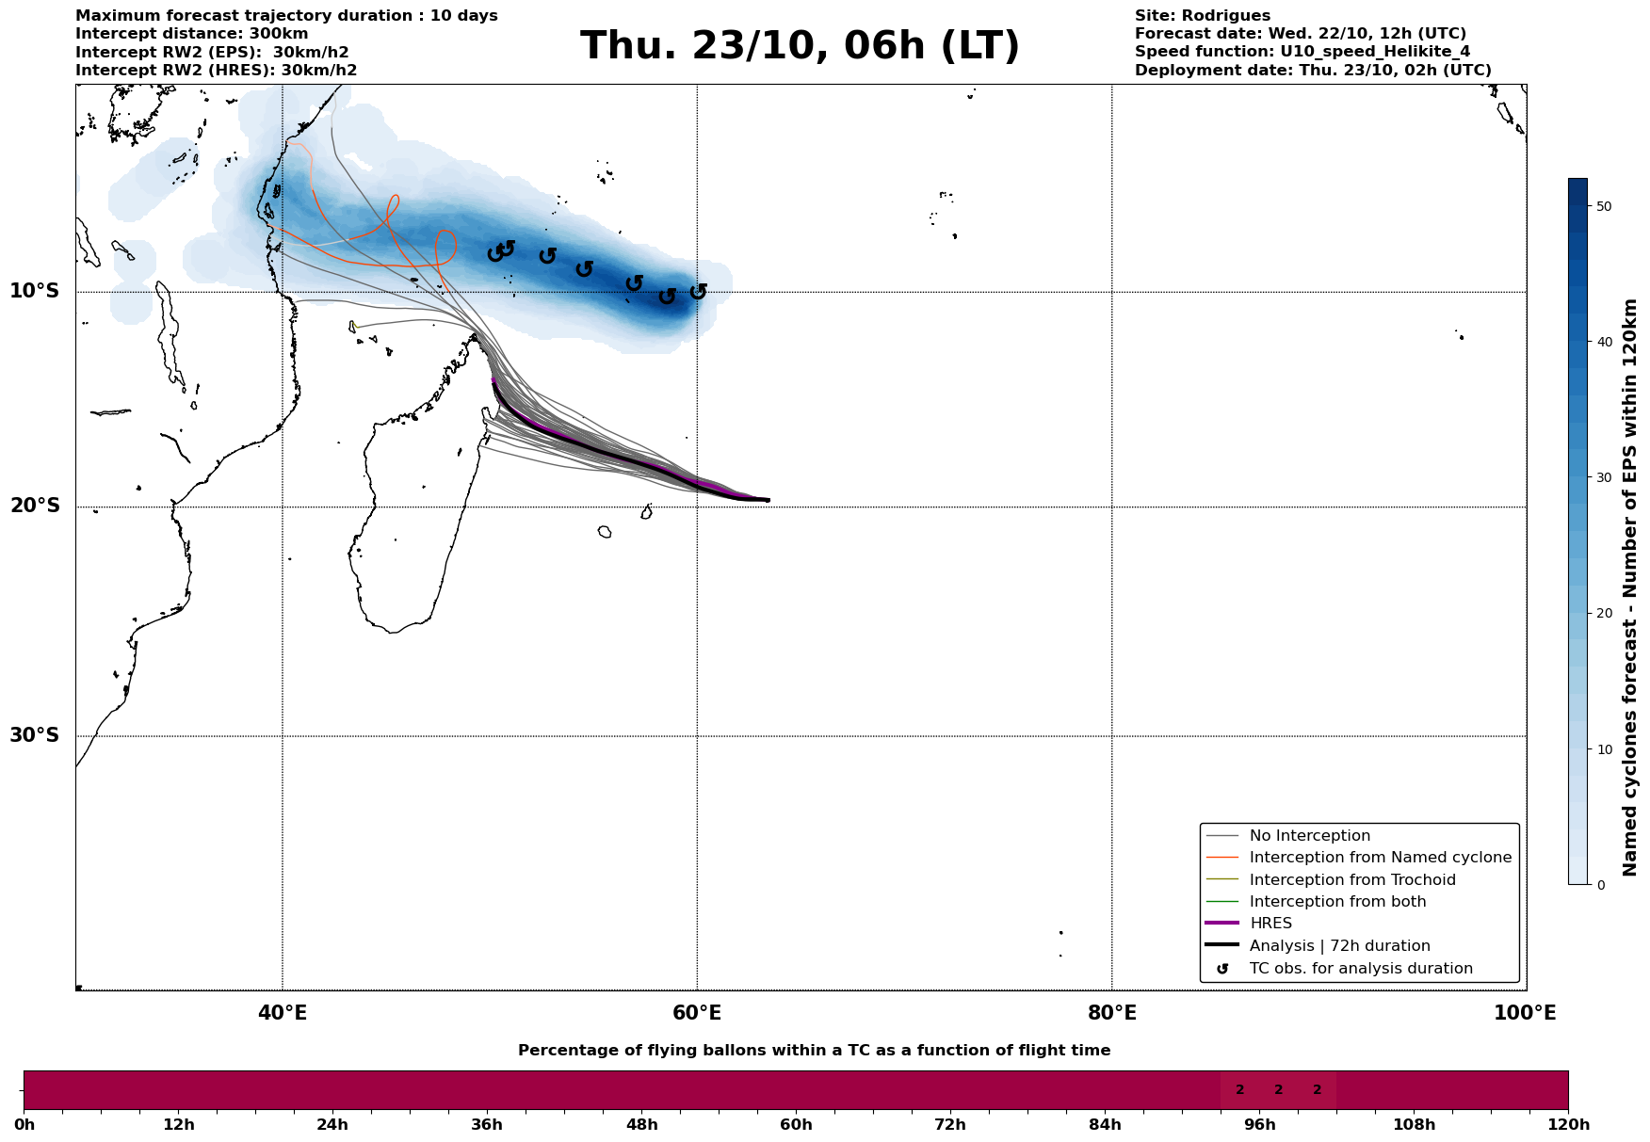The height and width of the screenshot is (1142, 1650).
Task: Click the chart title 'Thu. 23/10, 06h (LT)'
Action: [x=800, y=46]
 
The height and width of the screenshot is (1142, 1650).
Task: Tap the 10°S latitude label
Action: [x=35, y=291]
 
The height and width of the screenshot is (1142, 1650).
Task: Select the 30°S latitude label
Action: [x=35, y=735]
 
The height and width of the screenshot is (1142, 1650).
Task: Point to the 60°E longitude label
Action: [x=697, y=1013]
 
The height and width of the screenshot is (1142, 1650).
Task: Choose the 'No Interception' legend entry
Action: [x=1309, y=836]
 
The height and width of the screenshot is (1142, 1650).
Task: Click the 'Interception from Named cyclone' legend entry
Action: [x=1380, y=858]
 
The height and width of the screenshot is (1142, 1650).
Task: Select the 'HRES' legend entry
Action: [x=1270, y=924]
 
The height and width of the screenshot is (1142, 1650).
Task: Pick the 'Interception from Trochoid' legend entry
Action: [x=1351, y=880]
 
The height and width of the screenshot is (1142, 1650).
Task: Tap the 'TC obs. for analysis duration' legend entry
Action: [x=1360, y=969]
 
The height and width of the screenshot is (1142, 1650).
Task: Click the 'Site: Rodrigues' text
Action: [x=1202, y=16]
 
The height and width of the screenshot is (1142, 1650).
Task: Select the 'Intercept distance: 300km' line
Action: [x=191, y=34]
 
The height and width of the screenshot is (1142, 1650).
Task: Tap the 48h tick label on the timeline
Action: [x=641, y=1125]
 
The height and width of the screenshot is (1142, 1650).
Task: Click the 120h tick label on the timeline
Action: [x=1568, y=1125]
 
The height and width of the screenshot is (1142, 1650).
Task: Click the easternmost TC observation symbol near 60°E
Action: [x=698, y=292]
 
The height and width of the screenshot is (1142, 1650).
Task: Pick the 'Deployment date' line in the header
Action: [x=1313, y=71]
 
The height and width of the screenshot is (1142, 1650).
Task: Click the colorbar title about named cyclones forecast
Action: [x=1630, y=587]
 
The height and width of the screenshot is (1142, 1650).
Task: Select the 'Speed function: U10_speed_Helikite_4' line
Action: [x=1302, y=52]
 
